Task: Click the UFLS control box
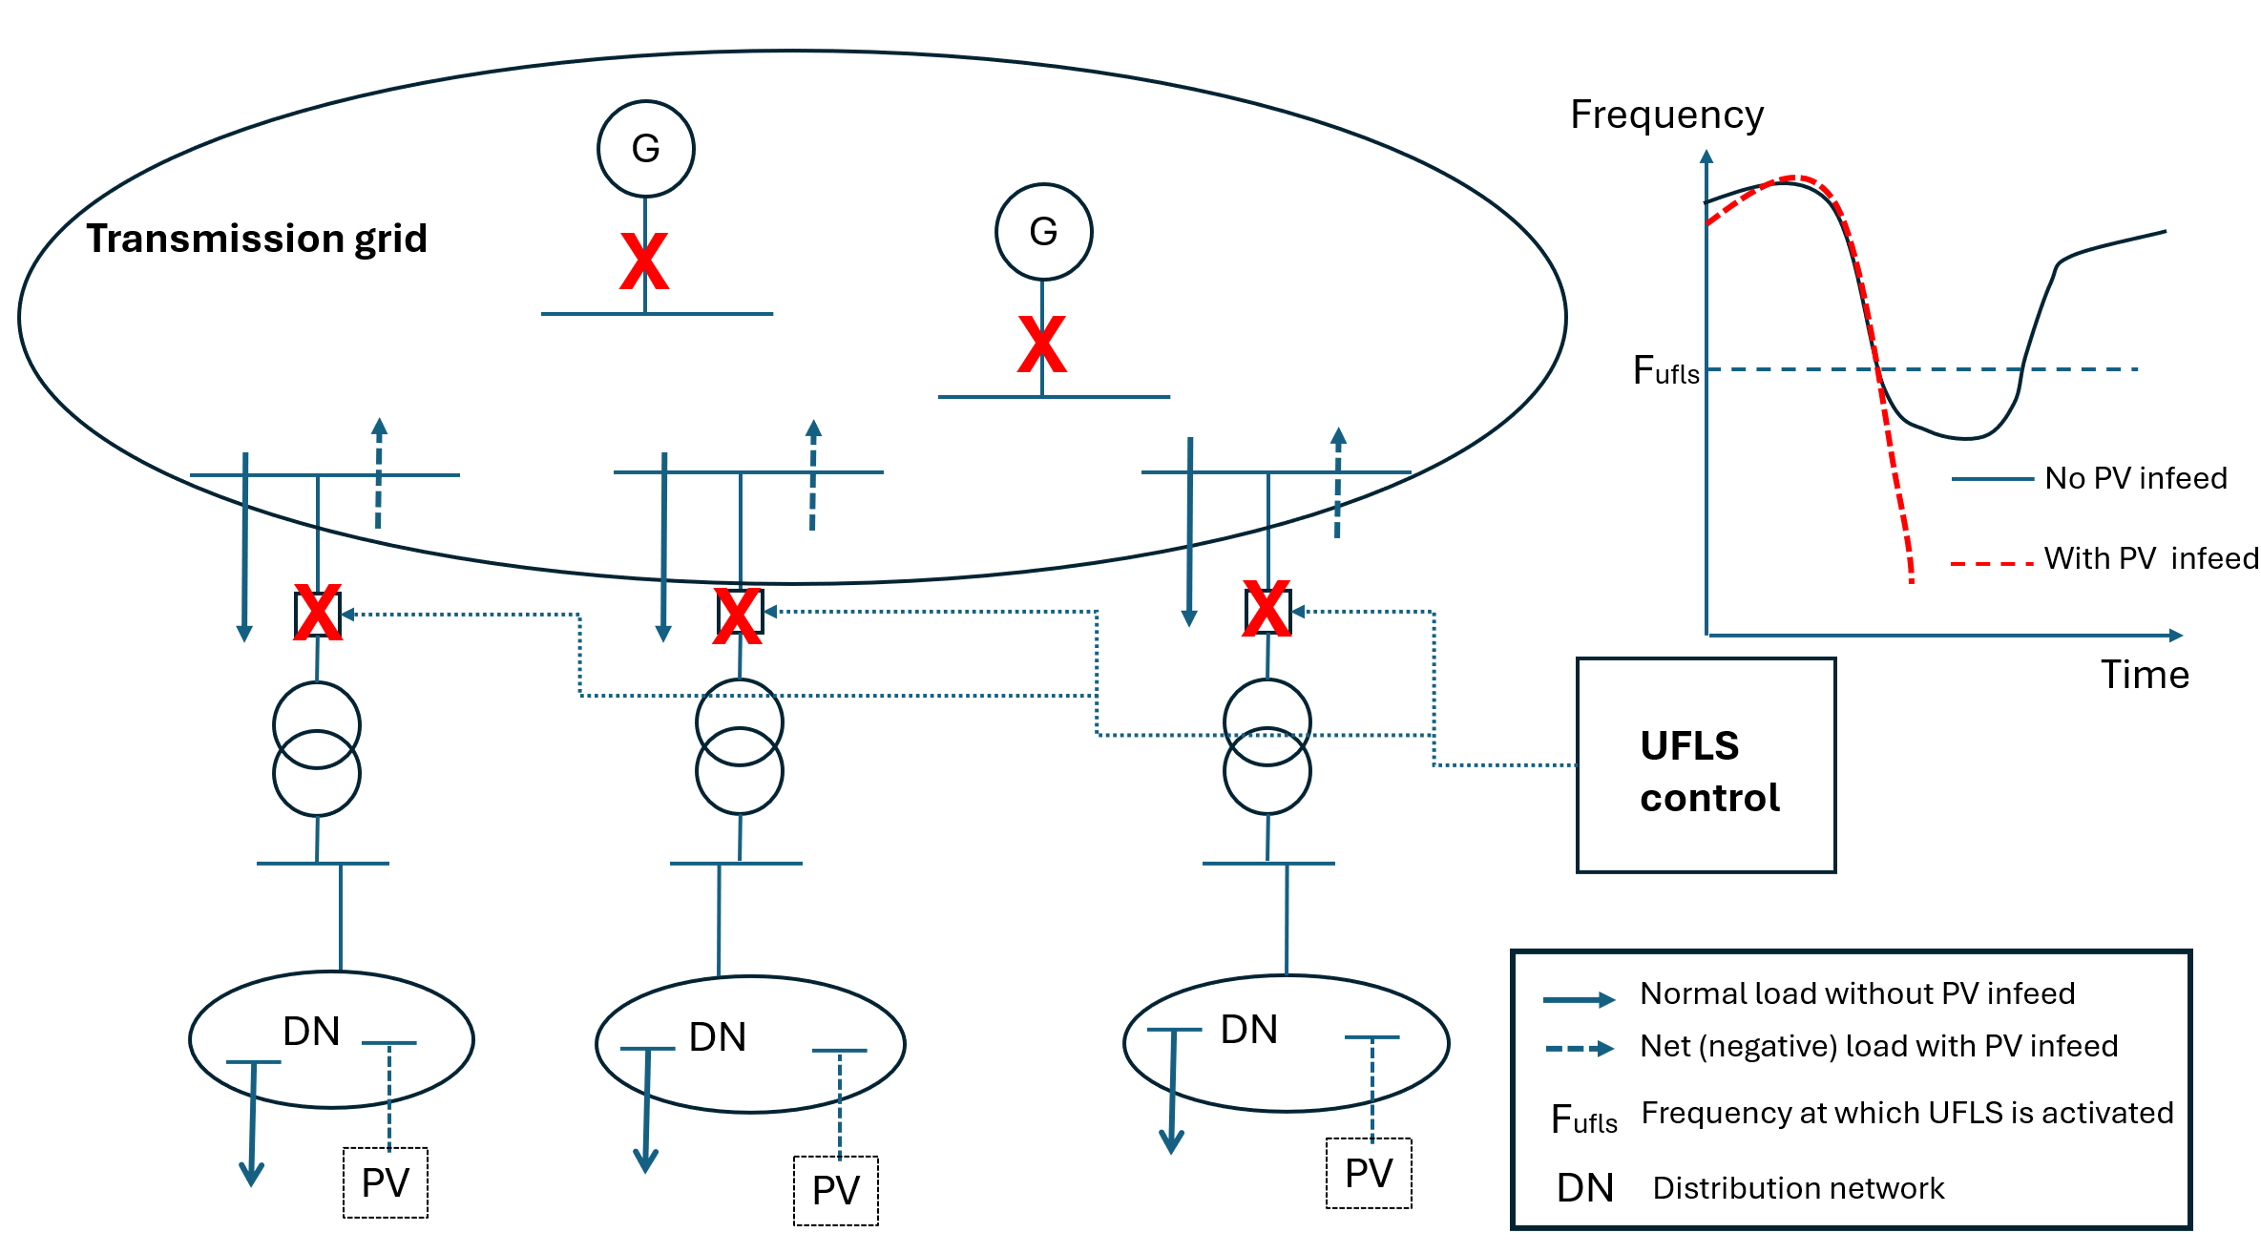click(1706, 765)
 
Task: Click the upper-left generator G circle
click(646, 149)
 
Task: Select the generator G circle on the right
click(1043, 232)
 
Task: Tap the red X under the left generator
click(644, 261)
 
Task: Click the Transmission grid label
click(257, 239)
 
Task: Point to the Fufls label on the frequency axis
click(1665, 371)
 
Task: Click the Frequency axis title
click(1666, 115)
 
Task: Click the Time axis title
click(2145, 676)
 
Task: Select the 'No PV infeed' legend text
click(2135, 478)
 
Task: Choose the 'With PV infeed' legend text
click(2150, 558)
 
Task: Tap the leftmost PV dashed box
click(386, 1183)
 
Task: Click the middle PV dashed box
click(836, 1191)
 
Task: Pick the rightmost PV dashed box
click(1369, 1174)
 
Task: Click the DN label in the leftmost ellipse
click(311, 1032)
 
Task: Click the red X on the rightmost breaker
click(1267, 609)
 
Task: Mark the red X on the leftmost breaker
click(318, 613)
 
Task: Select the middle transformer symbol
click(740, 747)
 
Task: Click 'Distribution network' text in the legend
click(1798, 1188)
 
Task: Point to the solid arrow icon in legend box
click(1579, 1000)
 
